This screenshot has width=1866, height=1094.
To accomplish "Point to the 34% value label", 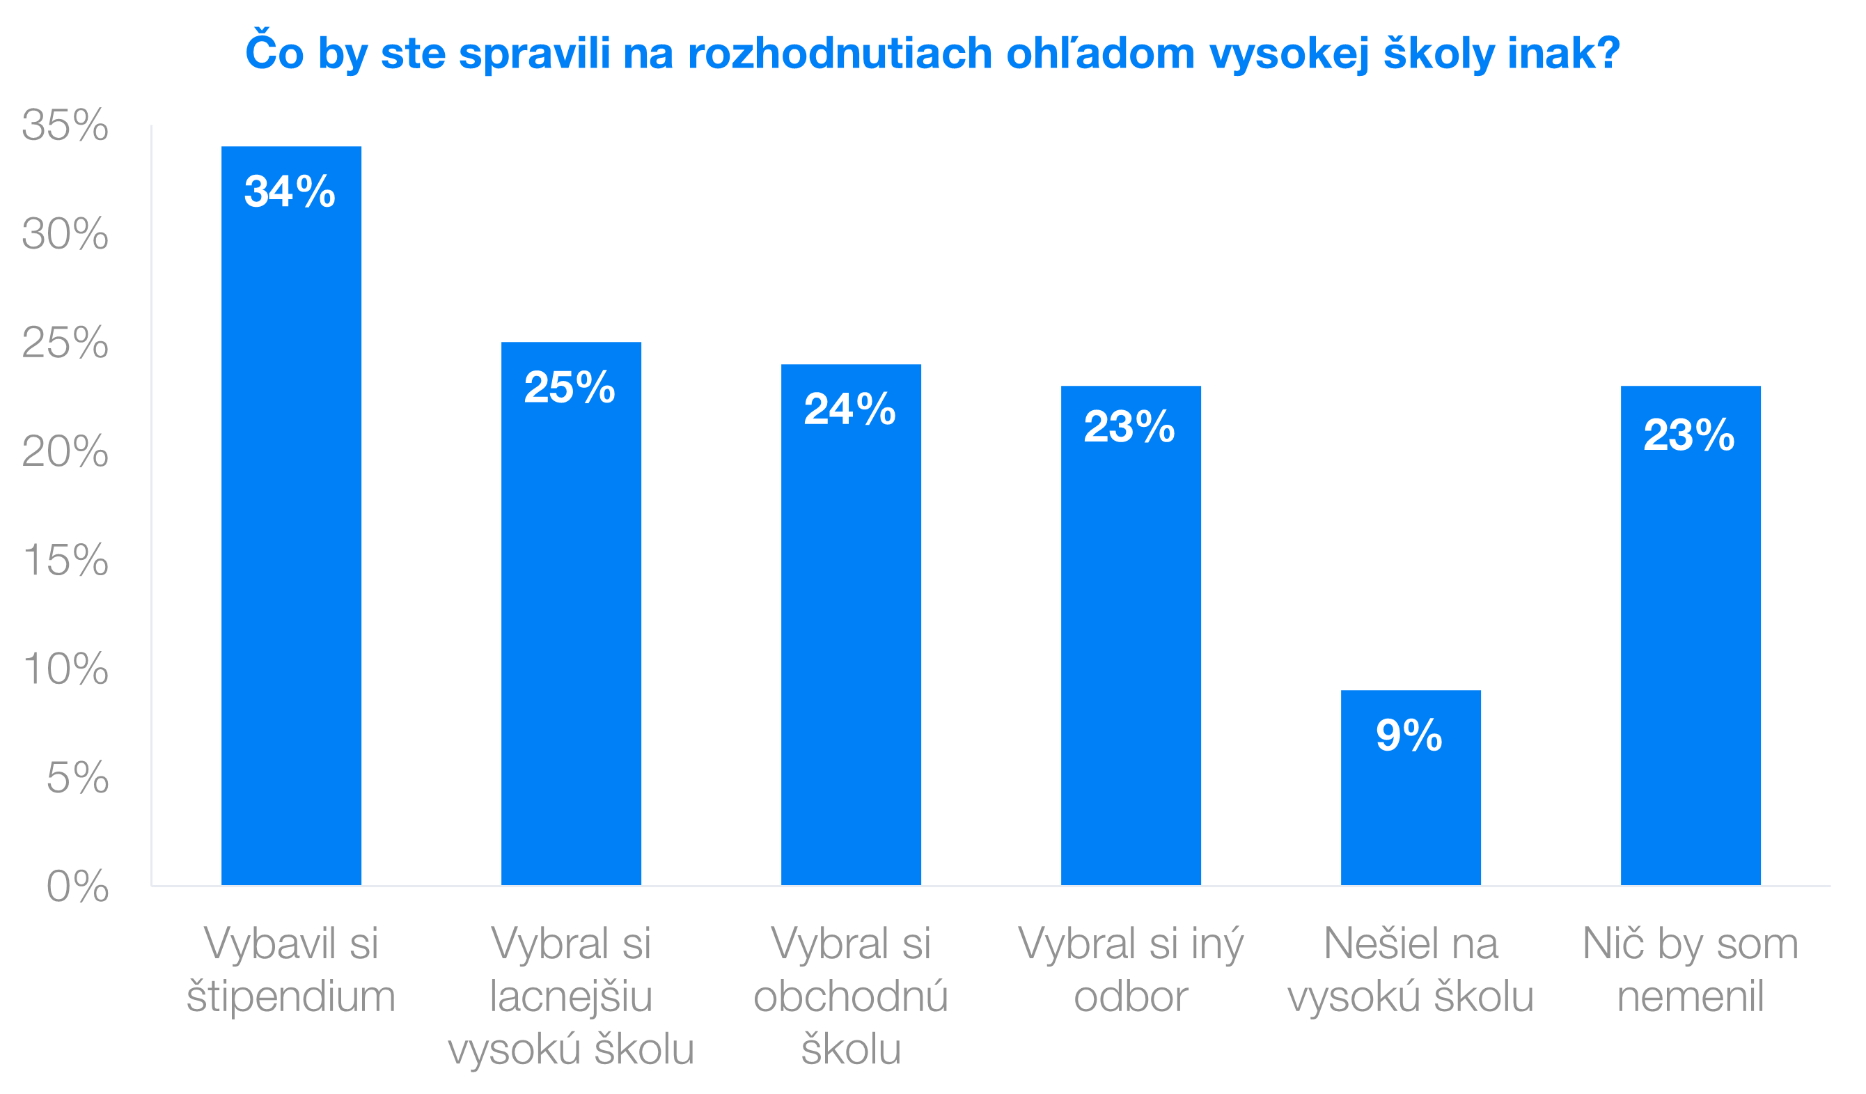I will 290,191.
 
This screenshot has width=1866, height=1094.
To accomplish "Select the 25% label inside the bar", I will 570,386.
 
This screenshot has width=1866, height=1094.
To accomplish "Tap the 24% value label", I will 849,409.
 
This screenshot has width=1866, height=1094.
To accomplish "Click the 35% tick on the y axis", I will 65,125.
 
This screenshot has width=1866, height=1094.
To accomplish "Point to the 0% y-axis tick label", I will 77,886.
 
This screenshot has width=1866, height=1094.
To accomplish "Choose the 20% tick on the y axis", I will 65,451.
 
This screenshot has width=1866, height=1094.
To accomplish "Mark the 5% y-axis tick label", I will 77,777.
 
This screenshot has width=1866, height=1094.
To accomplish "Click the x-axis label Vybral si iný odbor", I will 1131,969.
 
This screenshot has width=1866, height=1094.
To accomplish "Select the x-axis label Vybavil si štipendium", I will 291,969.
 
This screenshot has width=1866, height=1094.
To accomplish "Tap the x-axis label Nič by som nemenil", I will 1691,969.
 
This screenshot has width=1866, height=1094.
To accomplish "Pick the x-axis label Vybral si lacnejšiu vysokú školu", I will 571,996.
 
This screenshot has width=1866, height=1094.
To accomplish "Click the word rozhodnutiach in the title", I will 840,54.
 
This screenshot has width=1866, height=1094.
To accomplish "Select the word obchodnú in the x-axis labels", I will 851,997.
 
